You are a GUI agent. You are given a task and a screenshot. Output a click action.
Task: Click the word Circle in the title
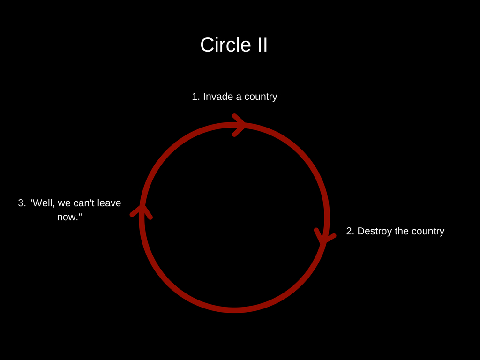219,45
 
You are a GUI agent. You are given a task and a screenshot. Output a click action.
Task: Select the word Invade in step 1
218,97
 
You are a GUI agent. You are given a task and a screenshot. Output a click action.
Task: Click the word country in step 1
260,97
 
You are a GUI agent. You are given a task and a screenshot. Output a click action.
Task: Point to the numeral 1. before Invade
196,97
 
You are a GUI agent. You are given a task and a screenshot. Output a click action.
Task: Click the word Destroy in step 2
374,231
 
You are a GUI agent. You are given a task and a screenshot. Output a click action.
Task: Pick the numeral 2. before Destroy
350,231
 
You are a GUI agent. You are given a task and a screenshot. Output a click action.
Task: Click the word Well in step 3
42,203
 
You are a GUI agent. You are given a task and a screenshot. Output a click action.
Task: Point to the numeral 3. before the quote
22,203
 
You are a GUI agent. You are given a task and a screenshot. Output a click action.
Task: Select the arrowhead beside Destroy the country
324,236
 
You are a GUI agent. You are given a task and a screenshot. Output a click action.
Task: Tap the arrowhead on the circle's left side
142,211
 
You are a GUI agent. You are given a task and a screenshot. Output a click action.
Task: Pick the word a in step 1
239,97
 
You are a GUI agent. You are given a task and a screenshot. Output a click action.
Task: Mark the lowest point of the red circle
234,310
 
